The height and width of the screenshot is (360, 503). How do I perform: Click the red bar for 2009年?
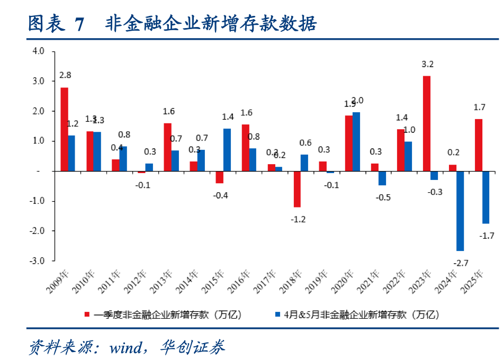(x=64, y=129)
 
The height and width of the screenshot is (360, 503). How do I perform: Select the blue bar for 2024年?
(x=460, y=211)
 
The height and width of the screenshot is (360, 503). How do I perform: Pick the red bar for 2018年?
(x=297, y=189)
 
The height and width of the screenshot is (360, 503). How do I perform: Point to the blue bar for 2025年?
(x=486, y=197)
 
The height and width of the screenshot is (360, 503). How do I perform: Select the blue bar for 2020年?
(x=356, y=141)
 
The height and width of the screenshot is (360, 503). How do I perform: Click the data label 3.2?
(x=427, y=65)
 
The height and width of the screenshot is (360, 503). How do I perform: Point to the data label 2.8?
(x=65, y=76)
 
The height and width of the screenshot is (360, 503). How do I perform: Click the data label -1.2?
(x=299, y=219)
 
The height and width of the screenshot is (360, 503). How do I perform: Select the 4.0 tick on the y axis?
(x=39, y=51)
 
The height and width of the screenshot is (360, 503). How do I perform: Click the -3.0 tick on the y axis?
(x=38, y=261)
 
